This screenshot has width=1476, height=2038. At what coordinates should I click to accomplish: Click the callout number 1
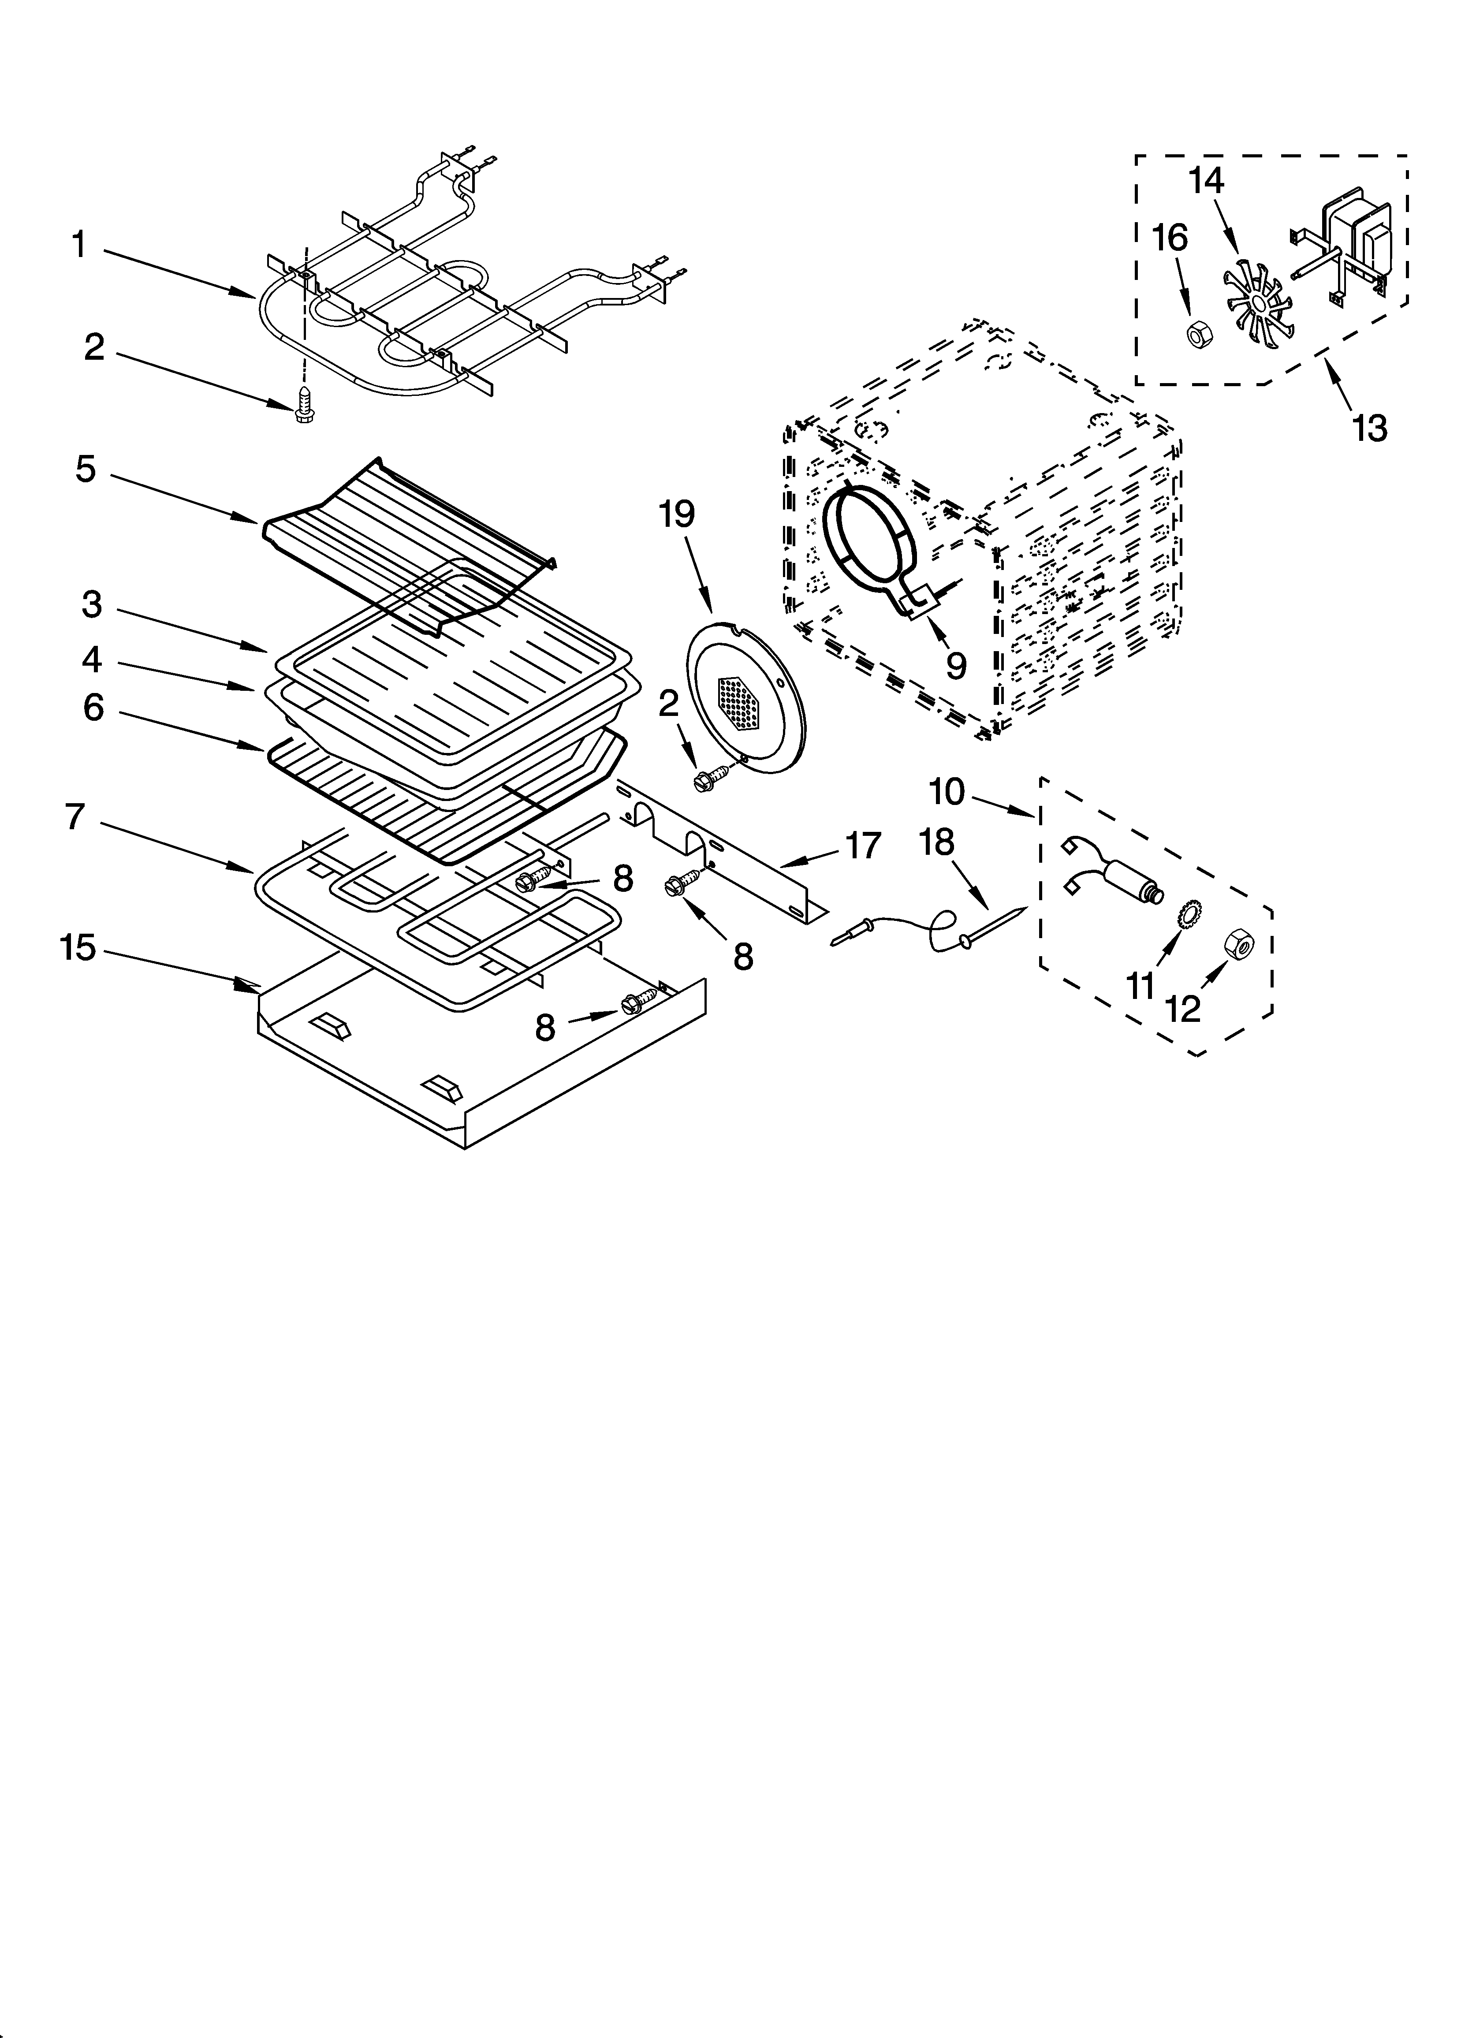point(79,244)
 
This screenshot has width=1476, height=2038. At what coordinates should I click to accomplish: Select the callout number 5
point(86,469)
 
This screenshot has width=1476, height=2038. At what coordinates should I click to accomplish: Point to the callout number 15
point(78,948)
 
